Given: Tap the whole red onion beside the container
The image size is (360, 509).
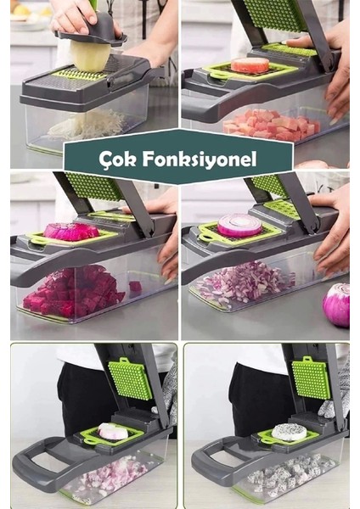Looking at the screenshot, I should (x=337, y=305).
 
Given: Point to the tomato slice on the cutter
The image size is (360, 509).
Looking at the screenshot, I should (x=250, y=65).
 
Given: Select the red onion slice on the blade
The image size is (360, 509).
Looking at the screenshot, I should (x=240, y=225).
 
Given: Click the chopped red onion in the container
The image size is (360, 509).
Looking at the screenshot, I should (x=246, y=282).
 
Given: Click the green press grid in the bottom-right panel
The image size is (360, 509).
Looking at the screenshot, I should (x=311, y=378).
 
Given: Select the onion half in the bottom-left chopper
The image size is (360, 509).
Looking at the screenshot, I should (x=113, y=432).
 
